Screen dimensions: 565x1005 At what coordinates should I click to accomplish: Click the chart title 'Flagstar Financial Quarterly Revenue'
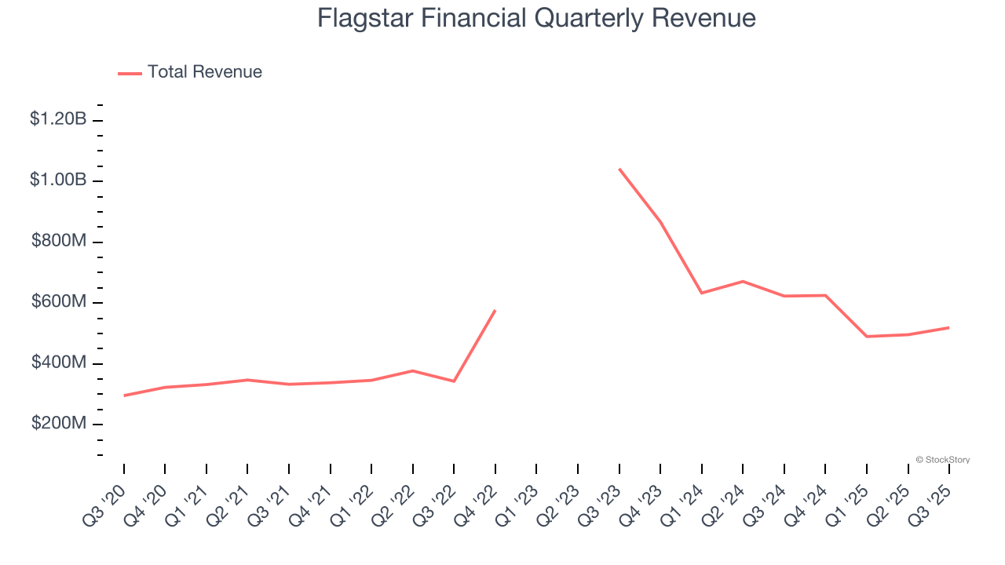tap(536, 18)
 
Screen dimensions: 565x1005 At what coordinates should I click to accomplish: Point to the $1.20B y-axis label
tap(58, 119)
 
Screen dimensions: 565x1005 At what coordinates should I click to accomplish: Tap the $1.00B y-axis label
tap(58, 180)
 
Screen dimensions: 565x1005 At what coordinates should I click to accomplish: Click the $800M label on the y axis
tap(59, 241)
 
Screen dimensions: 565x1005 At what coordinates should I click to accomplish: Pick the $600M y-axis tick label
tap(59, 301)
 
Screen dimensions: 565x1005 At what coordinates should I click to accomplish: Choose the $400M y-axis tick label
tap(59, 363)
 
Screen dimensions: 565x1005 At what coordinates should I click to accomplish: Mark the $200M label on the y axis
tap(59, 424)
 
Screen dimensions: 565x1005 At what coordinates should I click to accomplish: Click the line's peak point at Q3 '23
tap(619, 169)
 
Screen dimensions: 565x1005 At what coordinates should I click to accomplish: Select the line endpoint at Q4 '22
tap(495, 310)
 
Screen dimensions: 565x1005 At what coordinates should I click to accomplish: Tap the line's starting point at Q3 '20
tap(124, 395)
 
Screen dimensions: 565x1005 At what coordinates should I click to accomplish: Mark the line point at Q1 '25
tap(867, 337)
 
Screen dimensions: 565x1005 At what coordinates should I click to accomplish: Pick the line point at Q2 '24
tap(743, 281)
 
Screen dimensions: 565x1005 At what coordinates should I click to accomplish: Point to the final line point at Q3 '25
tap(949, 327)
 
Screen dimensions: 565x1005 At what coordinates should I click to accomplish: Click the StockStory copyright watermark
tap(942, 460)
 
